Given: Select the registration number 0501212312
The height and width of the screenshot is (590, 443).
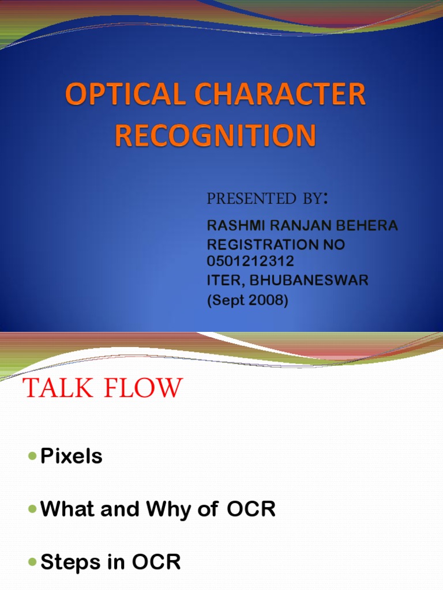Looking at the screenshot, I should [250, 262].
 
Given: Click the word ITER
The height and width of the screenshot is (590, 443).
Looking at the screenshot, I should [221, 281].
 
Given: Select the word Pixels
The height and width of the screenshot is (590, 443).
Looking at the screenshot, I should [72, 456].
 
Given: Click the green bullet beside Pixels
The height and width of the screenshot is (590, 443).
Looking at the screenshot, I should [32, 457].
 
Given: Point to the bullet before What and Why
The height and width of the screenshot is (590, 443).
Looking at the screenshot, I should [32, 509].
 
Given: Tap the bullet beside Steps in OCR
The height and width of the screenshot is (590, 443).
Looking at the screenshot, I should [32, 562].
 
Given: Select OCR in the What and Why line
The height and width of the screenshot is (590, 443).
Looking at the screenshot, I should [251, 509].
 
